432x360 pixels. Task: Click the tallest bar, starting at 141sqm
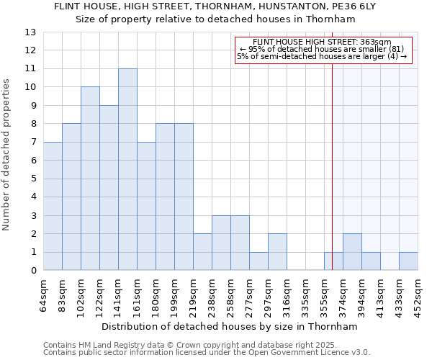(x=127, y=170)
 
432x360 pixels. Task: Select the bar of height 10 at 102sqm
(x=90, y=179)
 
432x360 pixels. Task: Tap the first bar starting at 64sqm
(x=53, y=207)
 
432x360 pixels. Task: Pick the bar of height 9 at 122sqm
(x=109, y=188)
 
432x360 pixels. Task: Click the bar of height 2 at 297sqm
(x=277, y=252)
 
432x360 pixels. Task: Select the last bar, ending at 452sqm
(x=408, y=261)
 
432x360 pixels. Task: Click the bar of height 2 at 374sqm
(x=352, y=252)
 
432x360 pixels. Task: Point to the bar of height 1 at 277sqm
(x=258, y=261)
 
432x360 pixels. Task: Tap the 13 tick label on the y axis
(x=30, y=32)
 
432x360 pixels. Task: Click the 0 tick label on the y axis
(x=33, y=271)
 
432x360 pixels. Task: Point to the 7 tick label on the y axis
(x=33, y=143)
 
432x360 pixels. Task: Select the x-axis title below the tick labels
(x=230, y=326)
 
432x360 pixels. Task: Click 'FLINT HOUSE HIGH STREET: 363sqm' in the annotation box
(x=323, y=42)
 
